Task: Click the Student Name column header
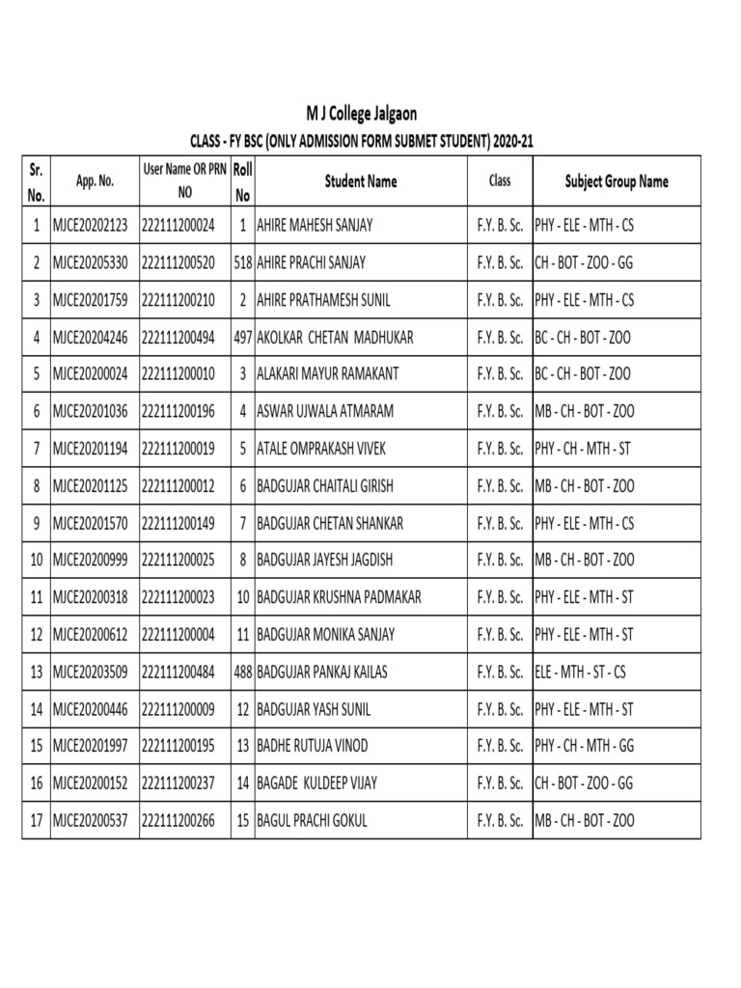pyautogui.click(x=360, y=181)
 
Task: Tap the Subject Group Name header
pyautogui.click(x=616, y=181)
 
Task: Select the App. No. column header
pyautogui.click(x=95, y=181)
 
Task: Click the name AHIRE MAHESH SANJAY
pyautogui.click(x=315, y=226)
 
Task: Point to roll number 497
pyautogui.click(x=243, y=338)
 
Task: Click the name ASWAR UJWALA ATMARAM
pyautogui.click(x=325, y=411)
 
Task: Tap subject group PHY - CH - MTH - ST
pyautogui.click(x=584, y=449)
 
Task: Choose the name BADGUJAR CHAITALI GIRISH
pyautogui.click(x=325, y=486)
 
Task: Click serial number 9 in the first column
pyautogui.click(x=37, y=523)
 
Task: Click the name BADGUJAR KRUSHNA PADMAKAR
pyautogui.click(x=339, y=597)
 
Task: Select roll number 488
pyautogui.click(x=243, y=672)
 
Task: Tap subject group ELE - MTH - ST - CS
pyautogui.click(x=580, y=672)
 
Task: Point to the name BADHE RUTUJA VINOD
pyautogui.click(x=312, y=747)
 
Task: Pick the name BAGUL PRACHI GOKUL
pyautogui.click(x=312, y=821)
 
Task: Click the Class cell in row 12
pyautogui.click(x=500, y=635)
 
